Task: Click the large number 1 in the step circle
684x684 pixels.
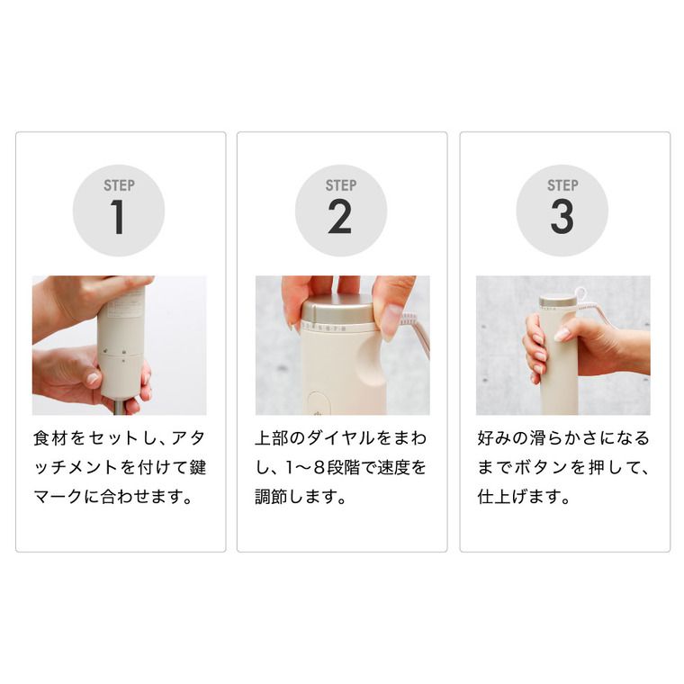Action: click(x=118, y=217)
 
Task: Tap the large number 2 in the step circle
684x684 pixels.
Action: click(x=340, y=217)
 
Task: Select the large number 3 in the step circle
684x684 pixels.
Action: click(x=562, y=217)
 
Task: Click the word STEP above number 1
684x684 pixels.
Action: click(x=119, y=185)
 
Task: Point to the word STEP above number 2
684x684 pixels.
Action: click(x=341, y=185)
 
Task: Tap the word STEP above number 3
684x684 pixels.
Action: click(x=562, y=185)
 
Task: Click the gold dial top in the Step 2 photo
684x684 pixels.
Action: click(x=338, y=310)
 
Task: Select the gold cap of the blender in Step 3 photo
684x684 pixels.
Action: click(x=557, y=301)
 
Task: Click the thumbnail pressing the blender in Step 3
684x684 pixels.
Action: click(x=562, y=335)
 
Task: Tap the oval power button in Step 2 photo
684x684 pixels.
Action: click(x=319, y=403)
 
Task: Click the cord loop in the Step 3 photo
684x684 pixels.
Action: click(x=580, y=293)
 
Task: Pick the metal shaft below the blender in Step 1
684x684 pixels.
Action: click(x=118, y=408)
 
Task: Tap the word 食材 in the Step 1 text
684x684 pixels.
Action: click(x=50, y=438)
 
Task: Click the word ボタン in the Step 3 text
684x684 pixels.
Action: click(x=542, y=468)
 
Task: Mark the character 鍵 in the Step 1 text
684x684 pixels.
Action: click(x=198, y=468)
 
